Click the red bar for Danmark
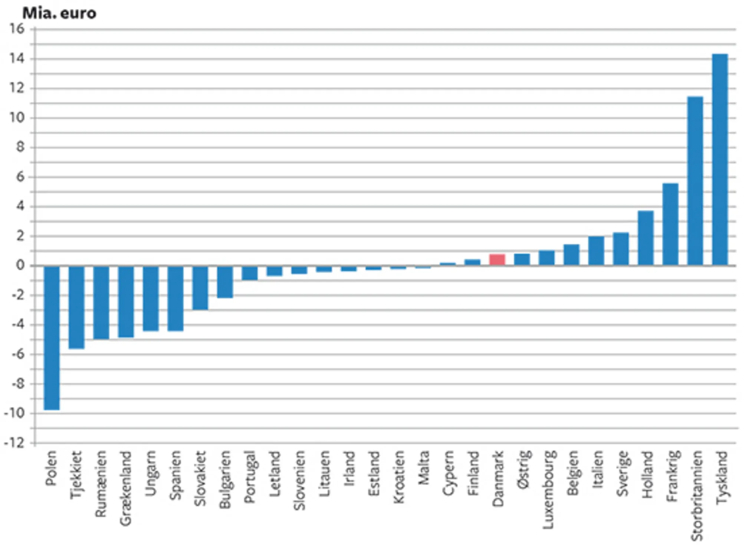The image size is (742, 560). pos(497,260)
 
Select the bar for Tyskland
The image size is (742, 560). pos(720,160)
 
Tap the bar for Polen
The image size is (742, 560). pos(52,338)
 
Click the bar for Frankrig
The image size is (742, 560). pos(670,225)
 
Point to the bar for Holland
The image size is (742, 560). pos(646,238)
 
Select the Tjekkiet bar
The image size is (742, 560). pos(76,307)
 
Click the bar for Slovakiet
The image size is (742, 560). pos(200,288)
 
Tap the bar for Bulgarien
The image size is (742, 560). pos(225,282)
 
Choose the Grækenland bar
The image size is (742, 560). pos(126,301)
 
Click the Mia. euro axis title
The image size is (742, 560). pos(59,13)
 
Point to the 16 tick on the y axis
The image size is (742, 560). pos(17,29)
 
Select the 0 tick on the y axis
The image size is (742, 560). pos(20,265)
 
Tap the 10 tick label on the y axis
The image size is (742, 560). pos(17,118)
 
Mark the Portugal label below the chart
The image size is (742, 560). pos(250,477)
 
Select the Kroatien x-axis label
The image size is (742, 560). pos(398,477)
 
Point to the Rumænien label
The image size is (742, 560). pos(101,484)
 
